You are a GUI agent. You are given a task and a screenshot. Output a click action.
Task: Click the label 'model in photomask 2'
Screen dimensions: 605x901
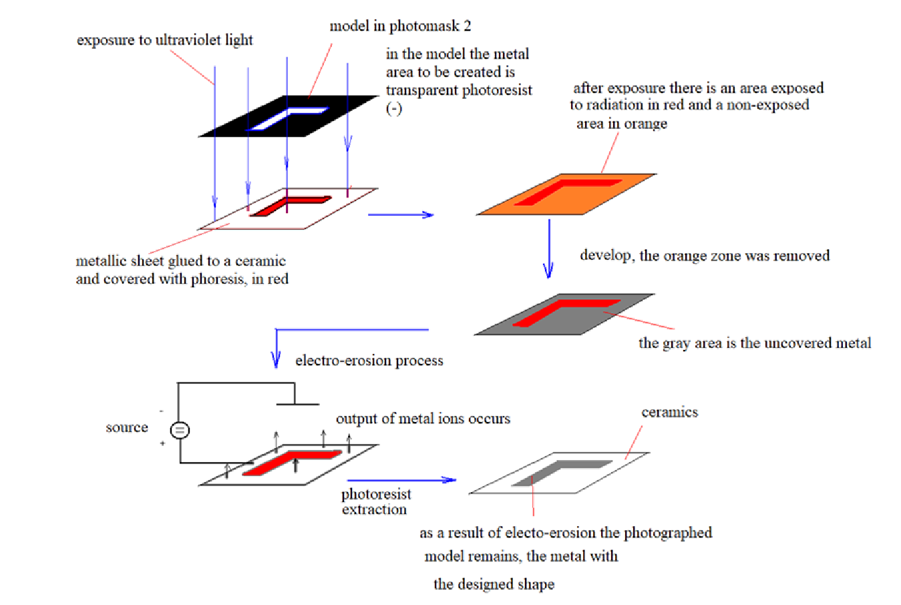click(400, 26)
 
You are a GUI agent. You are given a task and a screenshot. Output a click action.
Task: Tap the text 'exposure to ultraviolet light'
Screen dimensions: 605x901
click(164, 40)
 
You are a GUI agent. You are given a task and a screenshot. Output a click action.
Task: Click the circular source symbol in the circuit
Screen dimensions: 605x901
click(180, 430)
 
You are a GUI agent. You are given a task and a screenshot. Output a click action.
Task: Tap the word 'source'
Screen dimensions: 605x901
click(127, 427)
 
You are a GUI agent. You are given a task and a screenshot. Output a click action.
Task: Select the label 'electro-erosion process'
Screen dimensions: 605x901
click(369, 361)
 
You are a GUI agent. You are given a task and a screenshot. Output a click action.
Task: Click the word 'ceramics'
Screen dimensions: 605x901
click(669, 412)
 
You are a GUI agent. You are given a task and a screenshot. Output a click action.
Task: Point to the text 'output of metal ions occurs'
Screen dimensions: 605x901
click(423, 419)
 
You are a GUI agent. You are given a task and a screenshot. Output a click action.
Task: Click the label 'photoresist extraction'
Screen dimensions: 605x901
click(375, 501)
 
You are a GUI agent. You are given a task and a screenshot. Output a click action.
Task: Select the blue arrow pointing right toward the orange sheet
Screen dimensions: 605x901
click(401, 214)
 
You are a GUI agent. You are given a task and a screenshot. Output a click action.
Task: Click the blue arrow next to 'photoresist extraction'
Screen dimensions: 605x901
click(401, 479)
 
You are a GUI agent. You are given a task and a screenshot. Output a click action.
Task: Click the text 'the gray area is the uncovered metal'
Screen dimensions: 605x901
click(755, 343)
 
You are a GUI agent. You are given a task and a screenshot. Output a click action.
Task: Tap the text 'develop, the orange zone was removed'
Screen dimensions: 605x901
click(705, 255)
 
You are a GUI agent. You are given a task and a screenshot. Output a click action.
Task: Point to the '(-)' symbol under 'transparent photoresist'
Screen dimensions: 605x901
click(394, 109)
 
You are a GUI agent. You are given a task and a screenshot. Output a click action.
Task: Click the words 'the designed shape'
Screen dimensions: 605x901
click(494, 584)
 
